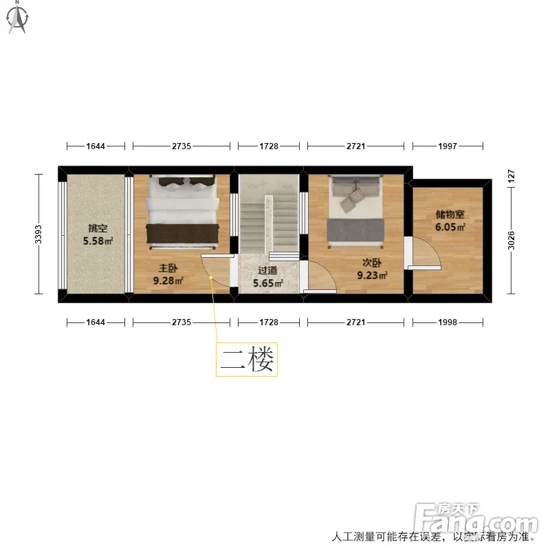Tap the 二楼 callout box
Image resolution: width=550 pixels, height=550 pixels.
click(x=247, y=360)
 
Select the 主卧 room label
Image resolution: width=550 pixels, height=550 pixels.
click(x=168, y=268)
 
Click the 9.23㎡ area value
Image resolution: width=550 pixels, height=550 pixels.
click(x=372, y=276)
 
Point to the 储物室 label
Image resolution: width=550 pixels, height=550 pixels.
click(x=450, y=214)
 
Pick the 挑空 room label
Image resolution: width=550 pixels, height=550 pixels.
click(x=98, y=228)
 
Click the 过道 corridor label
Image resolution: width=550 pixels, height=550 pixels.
click(x=267, y=270)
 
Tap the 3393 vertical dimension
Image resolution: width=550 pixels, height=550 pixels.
click(x=38, y=234)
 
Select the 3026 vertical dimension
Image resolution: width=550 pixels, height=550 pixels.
click(x=511, y=240)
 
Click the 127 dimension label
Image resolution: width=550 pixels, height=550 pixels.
click(x=511, y=176)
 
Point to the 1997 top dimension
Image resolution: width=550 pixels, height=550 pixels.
click(x=448, y=146)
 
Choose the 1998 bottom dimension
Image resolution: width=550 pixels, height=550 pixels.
click(x=448, y=322)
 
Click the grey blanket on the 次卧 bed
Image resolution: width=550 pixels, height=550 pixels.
click(x=355, y=230)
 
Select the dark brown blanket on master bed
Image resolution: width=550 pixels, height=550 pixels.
click(x=182, y=234)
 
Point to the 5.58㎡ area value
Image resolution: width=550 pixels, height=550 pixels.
click(x=98, y=241)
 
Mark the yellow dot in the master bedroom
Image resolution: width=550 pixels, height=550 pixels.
click(x=211, y=278)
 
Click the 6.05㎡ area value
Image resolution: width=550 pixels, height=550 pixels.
click(x=450, y=227)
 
